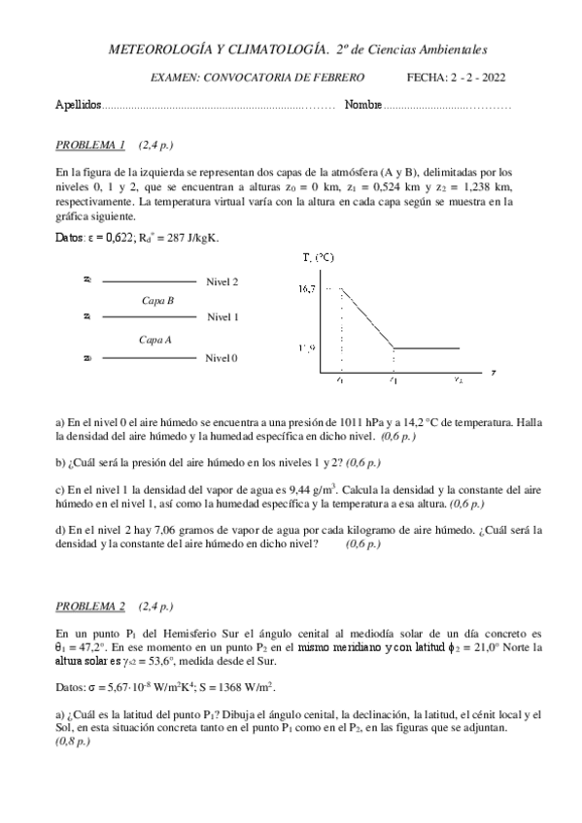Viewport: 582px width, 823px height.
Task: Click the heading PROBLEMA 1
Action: pos(90,146)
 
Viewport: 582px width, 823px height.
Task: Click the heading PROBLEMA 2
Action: pos(90,607)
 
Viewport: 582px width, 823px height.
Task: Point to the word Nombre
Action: pos(362,104)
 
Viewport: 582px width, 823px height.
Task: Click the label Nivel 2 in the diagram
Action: pos(222,281)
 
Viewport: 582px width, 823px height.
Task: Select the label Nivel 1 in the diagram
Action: pos(222,317)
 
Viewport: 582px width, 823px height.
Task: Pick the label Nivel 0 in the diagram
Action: pos(222,358)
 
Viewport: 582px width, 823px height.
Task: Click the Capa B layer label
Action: pos(157,301)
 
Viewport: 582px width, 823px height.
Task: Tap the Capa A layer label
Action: pos(155,339)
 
